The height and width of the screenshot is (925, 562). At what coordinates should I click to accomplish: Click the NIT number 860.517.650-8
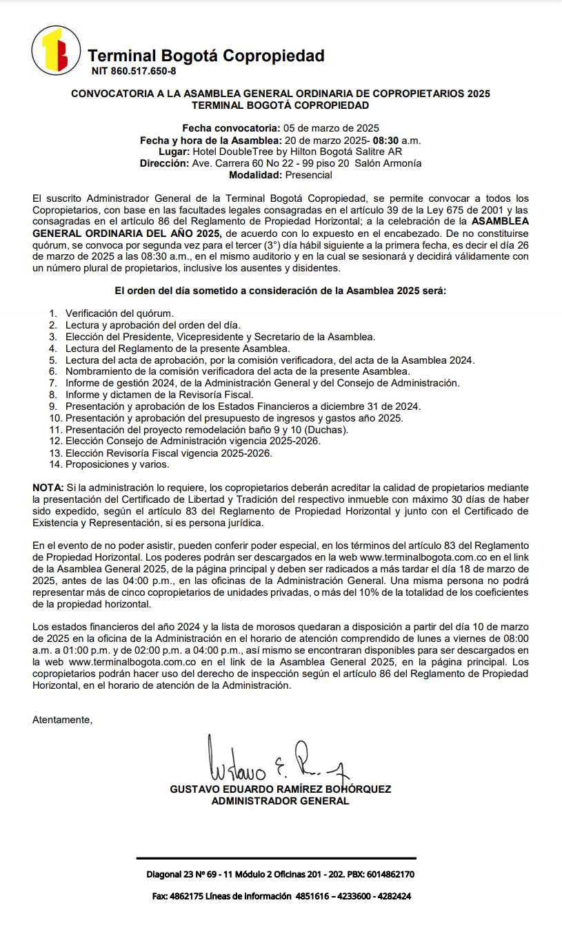pos(133,71)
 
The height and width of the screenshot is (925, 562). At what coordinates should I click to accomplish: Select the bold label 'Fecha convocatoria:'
pos(230,128)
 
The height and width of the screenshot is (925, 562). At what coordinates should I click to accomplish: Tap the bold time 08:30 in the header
pos(385,140)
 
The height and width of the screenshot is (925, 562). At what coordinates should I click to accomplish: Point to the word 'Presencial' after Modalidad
pos(308,175)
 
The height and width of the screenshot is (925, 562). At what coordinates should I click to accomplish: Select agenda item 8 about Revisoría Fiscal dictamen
pos(159,395)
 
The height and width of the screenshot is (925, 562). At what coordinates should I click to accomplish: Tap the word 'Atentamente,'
pos(62,720)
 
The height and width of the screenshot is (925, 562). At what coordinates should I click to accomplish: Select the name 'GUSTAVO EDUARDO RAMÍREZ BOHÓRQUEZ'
pos(280,789)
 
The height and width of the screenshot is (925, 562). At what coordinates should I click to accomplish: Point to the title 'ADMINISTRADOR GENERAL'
pos(280,801)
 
